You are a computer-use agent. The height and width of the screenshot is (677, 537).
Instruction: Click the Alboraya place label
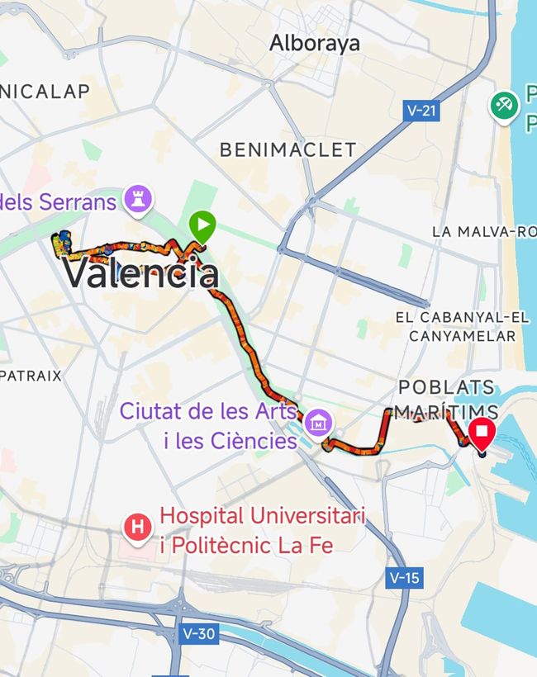pos(315,43)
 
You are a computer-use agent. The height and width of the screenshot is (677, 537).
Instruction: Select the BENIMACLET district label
pos(288,149)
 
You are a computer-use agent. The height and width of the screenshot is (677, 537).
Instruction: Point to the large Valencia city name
pos(141,273)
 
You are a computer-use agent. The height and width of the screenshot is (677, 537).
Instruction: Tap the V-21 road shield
pos(422,110)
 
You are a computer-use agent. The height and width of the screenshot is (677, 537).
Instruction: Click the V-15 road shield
pos(402,577)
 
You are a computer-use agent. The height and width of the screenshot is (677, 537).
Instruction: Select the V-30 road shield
pos(199,634)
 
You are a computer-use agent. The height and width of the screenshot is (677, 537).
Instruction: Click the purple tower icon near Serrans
pos(136,198)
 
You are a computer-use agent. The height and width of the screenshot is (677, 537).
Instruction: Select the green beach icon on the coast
pos(503,105)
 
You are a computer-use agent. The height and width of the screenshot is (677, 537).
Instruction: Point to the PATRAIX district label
pos(31,376)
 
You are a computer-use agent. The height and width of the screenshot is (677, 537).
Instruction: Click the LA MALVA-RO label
pos(484,232)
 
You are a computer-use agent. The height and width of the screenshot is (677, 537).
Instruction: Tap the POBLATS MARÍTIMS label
pos(446,399)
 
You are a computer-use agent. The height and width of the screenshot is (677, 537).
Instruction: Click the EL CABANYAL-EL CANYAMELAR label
pos(462,326)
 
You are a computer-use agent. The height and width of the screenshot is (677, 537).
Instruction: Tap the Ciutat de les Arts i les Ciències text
pos(208,425)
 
